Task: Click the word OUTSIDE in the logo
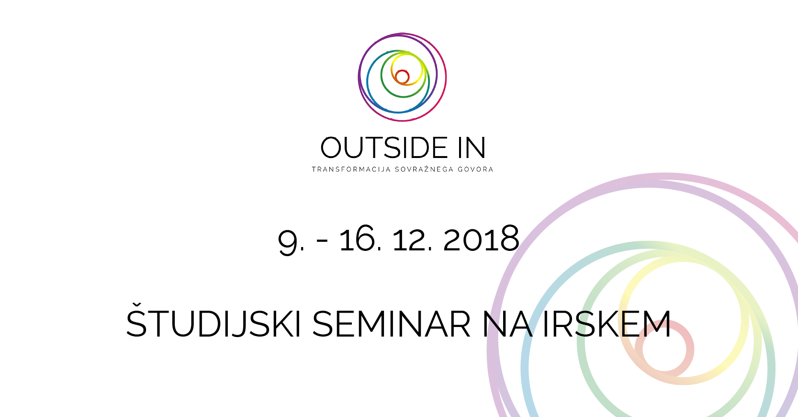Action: point(384,147)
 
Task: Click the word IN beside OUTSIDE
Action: point(472,147)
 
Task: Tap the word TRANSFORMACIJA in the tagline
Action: point(351,169)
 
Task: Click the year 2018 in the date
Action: point(481,238)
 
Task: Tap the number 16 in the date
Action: point(357,238)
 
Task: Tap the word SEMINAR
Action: point(391,324)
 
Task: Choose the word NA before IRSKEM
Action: point(507,324)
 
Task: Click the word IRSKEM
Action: point(607,324)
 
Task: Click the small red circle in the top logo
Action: point(402,77)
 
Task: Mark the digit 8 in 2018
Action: point(509,238)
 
